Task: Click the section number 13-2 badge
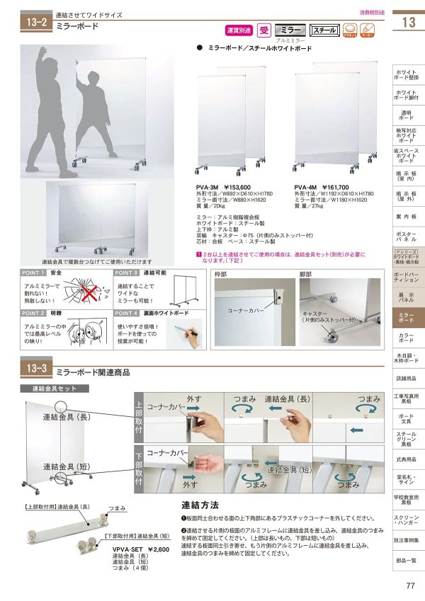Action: [x=35, y=22]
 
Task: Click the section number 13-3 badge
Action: [x=35, y=369]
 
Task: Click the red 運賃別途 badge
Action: [x=239, y=30]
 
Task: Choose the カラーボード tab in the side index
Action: [x=407, y=338]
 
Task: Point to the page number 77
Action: [x=410, y=585]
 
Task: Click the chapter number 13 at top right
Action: [x=408, y=22]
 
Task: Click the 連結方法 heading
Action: [x=200, y=505]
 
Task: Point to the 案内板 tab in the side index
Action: [x=407, y=217]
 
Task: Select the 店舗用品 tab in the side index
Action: [x=407, y=378]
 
